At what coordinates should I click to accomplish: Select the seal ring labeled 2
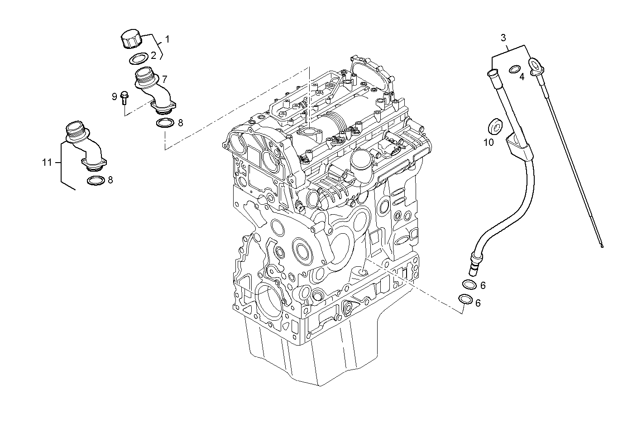tap(139, 58)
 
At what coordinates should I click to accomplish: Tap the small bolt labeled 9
tap(125, 97)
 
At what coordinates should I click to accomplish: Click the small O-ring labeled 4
tap(515, 69)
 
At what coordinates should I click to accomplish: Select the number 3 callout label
tap(503, 37)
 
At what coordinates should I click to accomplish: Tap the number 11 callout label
tap(47, 163)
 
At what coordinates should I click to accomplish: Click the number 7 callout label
tap(164, 78)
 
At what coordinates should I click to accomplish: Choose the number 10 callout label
tap(489, 142)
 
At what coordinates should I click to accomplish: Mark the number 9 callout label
tap(114, 96)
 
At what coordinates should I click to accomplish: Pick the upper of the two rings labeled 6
tap(469, 284)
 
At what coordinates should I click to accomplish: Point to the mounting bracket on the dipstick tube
tap(515, 144)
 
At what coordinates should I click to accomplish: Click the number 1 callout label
tap(167, 39)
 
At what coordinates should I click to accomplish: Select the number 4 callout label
tap(522, 77)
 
